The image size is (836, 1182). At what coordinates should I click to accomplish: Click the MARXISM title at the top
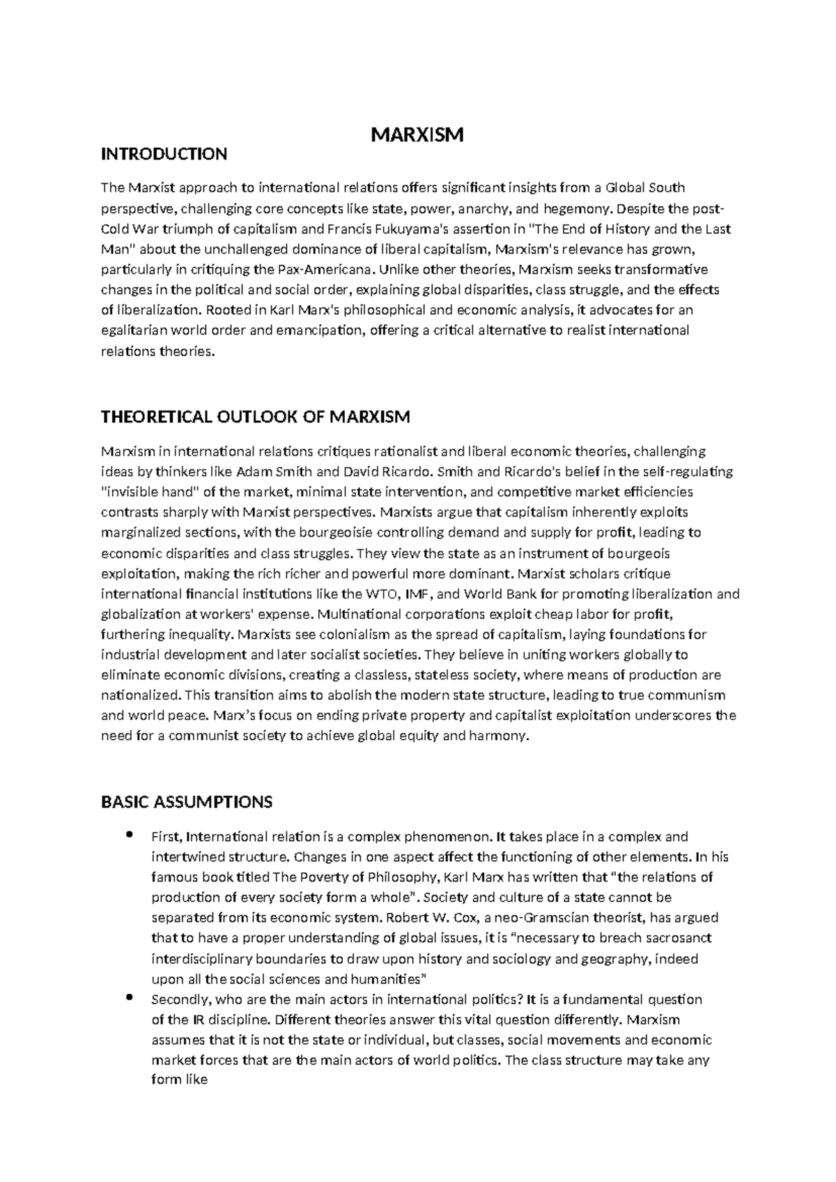tap(417, 135)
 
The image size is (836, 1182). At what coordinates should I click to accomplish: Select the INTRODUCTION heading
tap(164, 154)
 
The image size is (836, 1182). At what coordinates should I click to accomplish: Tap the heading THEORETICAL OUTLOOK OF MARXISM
tap(255, 417)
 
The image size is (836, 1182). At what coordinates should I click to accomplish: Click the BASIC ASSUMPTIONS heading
tap(186, 801)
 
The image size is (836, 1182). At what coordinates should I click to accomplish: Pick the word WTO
tap(380, 594)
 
